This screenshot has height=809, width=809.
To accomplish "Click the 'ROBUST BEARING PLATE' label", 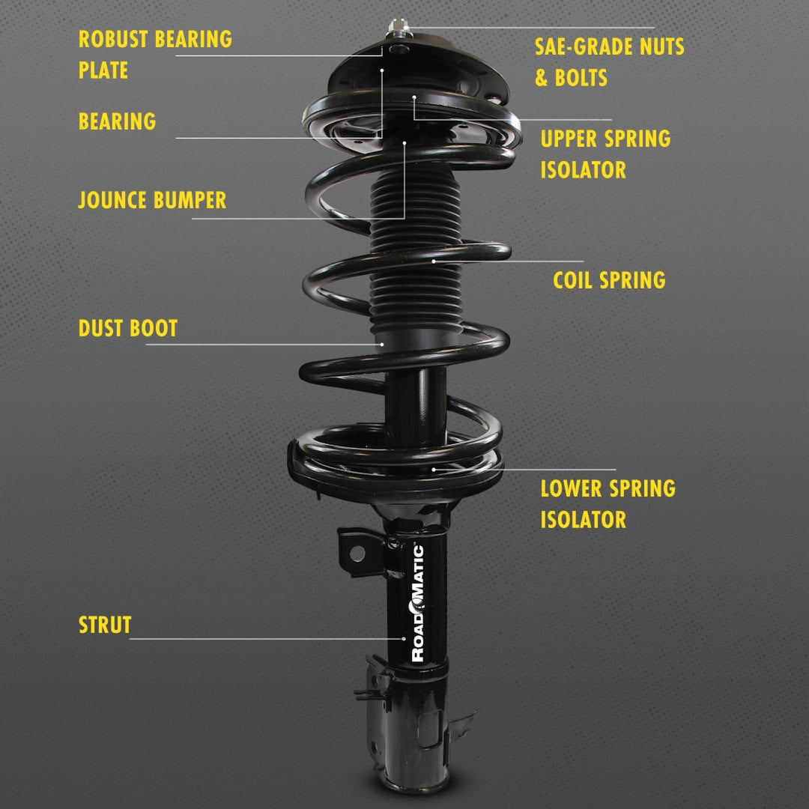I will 155,55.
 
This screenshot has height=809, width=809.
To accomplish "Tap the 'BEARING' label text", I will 118,121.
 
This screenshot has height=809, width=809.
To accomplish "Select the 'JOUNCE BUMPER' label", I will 152,200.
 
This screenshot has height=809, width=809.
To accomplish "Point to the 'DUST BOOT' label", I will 128,328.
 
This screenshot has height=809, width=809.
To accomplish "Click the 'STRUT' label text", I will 105,625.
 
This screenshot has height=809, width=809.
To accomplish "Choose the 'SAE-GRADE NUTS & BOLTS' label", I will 609,62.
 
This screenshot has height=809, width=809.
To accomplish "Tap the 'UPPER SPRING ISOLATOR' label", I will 605,154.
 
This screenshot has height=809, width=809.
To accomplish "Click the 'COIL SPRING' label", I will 609,280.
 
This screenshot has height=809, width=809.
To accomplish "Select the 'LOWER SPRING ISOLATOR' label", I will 607,503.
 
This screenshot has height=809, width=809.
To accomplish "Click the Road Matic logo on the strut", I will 417,603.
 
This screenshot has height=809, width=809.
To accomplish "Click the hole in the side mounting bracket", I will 357,553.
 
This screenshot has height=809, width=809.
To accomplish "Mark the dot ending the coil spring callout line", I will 434,261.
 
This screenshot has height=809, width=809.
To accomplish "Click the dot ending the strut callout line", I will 404,639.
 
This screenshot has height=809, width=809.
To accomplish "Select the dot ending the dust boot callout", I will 382,344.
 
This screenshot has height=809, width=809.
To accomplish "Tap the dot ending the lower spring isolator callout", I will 434,469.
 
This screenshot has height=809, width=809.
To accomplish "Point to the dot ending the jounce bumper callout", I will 404,142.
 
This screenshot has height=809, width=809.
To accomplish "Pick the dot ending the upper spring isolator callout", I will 413,97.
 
